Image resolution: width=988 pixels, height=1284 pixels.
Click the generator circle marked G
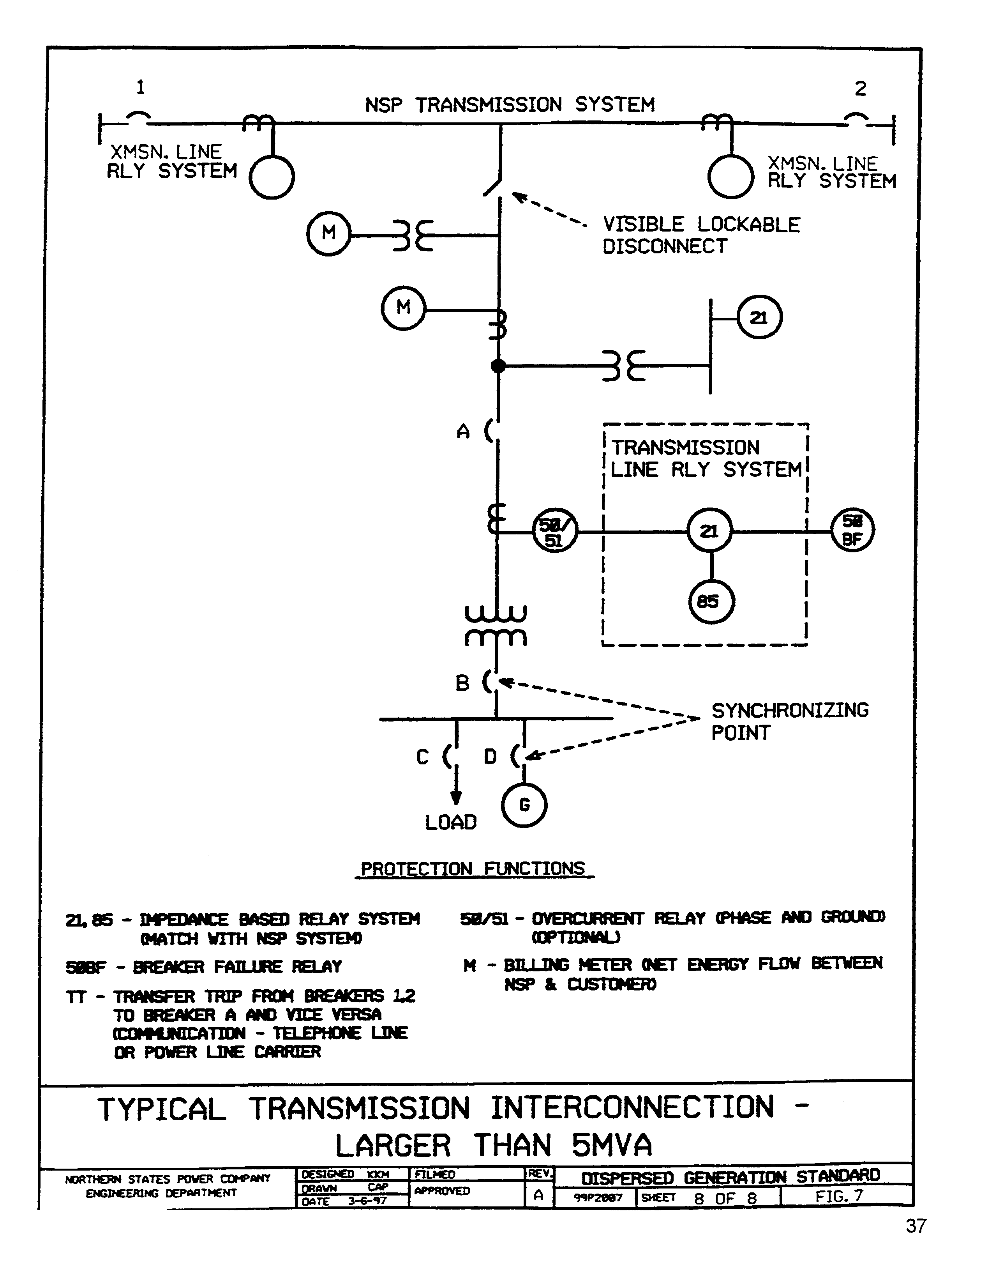(524, 805)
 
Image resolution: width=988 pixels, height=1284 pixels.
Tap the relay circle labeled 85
(711, 601)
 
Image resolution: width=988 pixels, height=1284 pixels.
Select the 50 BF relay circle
(852, 530)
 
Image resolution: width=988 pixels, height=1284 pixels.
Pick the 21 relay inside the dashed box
(710, 531)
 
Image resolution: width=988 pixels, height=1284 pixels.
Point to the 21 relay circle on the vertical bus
(759, 318)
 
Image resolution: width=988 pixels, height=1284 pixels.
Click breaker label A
(463, 433)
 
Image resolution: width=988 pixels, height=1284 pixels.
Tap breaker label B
(462, 684)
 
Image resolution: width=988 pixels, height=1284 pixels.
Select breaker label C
(422, 757)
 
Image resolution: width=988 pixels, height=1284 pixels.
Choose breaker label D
(490, 757)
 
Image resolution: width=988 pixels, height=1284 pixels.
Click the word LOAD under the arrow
(451, 822)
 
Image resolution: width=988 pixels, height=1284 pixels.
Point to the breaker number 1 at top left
(140, 88)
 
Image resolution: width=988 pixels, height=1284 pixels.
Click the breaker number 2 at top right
(860, 89)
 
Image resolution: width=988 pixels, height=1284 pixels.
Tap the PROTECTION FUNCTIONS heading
(473, 869)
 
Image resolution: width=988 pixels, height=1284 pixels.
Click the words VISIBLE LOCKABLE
(701, 225)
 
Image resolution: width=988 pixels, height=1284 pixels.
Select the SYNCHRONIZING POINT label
(789, 722)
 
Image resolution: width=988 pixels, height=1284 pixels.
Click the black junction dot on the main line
(498, 366)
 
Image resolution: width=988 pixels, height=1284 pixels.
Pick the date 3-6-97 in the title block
(367, 1201)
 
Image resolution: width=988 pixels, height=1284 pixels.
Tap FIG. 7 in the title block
(839, 1196)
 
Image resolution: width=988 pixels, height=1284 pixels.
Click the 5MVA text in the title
(611, 1145)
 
